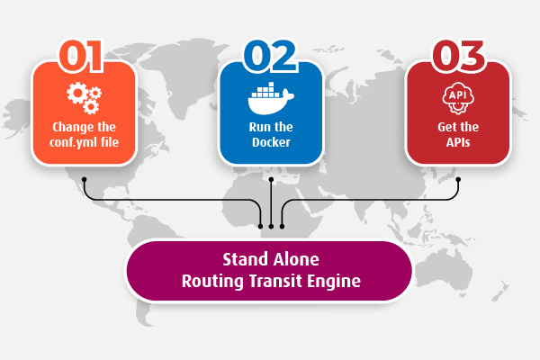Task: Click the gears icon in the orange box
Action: pyautogui.click(x=84, y=97)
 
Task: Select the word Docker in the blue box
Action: pyautogui.click(x=270, y=141)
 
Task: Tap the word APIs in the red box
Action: pyautogui.click(x=458, y=141)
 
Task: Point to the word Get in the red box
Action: pyautogui.click(x=448, y=127)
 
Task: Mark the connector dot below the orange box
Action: pyautogui.click(x=84, y=178)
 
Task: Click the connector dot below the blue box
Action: pyautogui.click(x=271, y=178)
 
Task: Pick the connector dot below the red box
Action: pyautogui.click(x=458, y=178)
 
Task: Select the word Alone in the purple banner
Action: pyautogui.click(x=295, y=261)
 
